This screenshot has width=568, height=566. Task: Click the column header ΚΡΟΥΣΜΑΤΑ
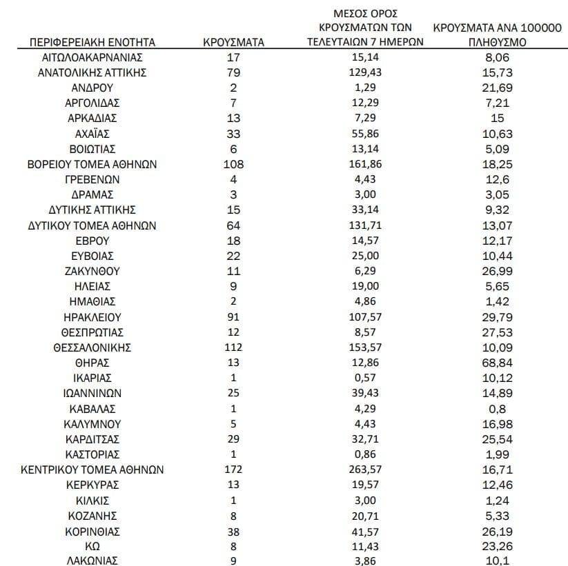[233, 43]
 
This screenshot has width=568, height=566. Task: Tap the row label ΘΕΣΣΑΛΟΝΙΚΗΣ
[92, 347]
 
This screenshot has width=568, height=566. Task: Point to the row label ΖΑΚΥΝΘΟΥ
[92, 270]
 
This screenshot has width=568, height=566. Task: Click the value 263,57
[365, 469]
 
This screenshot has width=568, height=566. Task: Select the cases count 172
[233, 469]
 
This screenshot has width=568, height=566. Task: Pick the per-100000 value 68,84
[497, 362]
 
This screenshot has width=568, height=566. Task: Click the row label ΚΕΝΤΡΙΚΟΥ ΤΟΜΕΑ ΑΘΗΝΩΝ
[92, 469]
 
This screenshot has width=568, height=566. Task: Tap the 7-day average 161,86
[365, 164]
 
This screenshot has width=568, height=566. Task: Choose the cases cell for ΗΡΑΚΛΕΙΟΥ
[233, 316]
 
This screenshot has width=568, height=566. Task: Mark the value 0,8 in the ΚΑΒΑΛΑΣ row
[497, 408]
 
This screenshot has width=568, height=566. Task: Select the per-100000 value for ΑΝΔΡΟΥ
[497, 88]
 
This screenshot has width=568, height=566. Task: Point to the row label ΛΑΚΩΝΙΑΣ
[92, 560]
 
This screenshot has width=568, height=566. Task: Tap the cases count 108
[233, 164]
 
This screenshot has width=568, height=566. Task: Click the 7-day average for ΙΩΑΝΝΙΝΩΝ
[365, 393]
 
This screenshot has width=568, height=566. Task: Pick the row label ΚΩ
[92, 545]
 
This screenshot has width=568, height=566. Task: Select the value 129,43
[365, 72]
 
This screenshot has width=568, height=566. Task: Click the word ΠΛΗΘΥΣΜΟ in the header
[497, 43]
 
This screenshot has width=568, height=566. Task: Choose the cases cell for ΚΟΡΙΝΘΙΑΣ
[233, 530]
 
